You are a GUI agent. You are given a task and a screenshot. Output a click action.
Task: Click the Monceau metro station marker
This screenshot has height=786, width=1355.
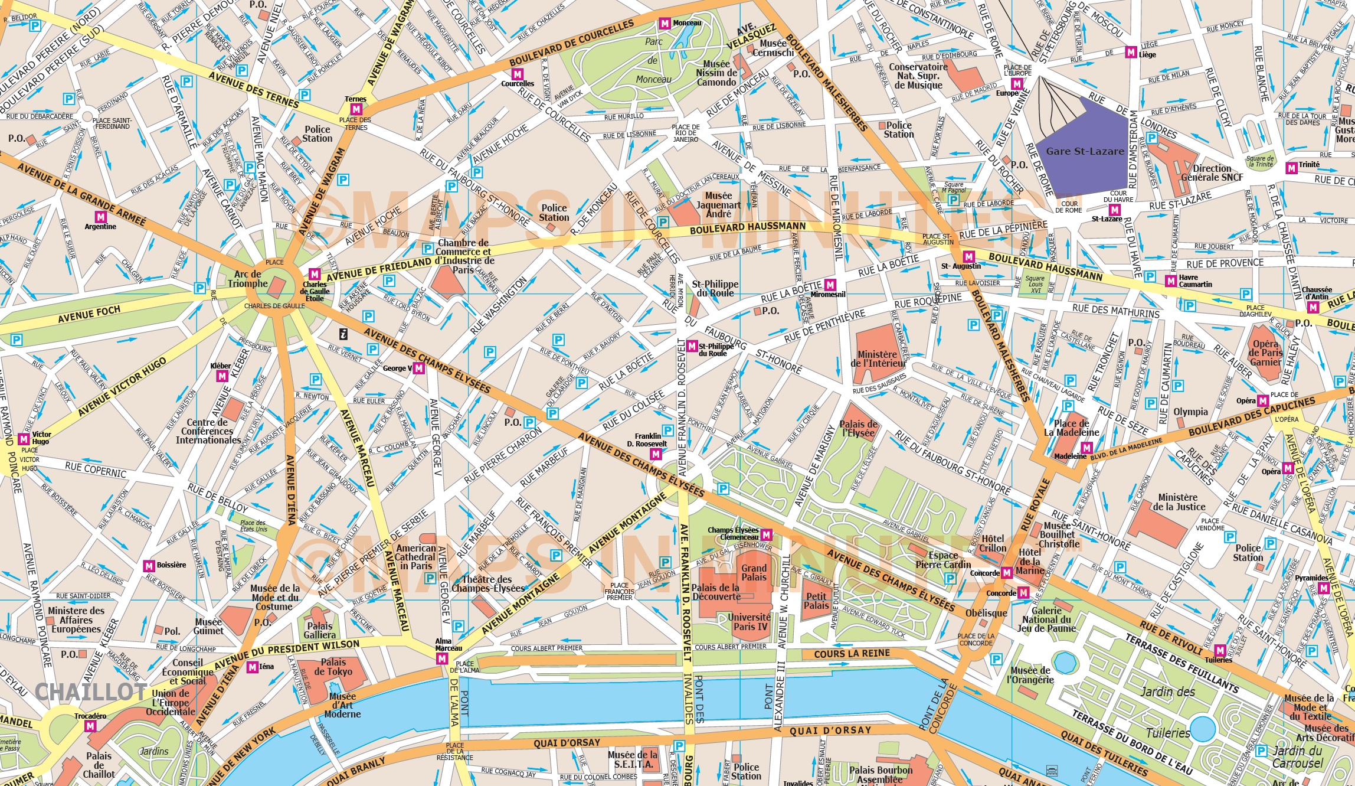(x=665, y=24)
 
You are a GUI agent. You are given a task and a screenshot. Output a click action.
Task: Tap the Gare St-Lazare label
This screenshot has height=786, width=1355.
(x=1085, y=151)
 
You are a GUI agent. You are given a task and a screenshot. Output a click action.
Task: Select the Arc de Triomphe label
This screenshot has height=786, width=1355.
(x=248, y=279)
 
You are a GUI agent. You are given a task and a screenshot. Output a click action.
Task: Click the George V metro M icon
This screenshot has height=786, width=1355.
(x=418, y=368)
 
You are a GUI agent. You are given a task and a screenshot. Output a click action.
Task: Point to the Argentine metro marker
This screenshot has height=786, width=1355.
(x=100, y=217)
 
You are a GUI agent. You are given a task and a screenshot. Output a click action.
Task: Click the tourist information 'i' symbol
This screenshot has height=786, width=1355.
(x=343, y=334)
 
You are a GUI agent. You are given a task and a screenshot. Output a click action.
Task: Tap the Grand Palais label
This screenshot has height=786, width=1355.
(x=754, y=572)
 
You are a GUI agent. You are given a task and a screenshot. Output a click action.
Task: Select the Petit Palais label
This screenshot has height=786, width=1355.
(x=816, y=601)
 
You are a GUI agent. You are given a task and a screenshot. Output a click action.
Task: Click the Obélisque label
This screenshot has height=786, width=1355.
(x=986, y=613)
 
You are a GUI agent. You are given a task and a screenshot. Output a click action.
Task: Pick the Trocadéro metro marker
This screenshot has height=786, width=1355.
(x=90, y=726)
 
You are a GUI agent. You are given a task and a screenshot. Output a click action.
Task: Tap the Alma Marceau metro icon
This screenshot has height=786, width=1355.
(x=441, y=659)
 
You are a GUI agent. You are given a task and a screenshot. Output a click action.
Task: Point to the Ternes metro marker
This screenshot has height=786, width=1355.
(x=356, y=109)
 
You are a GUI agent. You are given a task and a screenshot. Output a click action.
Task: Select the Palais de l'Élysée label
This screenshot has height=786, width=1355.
(x=858, y=429)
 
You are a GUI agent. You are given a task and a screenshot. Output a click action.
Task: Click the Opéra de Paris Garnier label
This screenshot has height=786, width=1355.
(x=1265, y=353)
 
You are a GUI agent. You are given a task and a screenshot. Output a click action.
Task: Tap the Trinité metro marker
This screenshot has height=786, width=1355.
(x=1291, y=168)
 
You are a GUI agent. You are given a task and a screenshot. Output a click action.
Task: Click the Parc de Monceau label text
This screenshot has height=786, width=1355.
(x=653, y=60)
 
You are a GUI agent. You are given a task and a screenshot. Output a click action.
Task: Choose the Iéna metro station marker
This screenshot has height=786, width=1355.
(x=253, y=667)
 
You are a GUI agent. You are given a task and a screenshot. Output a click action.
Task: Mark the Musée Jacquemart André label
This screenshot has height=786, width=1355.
(x=718, y=205)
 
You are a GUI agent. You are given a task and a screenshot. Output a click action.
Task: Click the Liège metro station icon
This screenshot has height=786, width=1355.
(x=1131, y=53)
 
